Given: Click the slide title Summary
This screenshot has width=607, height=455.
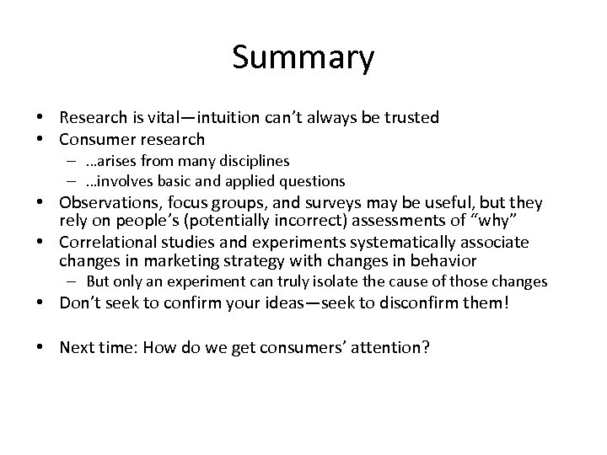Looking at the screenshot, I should (x=303, y=58).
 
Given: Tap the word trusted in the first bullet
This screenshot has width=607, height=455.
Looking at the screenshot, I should (x=411, y=118).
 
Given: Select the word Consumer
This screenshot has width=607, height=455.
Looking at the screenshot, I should (x=93, y=138).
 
